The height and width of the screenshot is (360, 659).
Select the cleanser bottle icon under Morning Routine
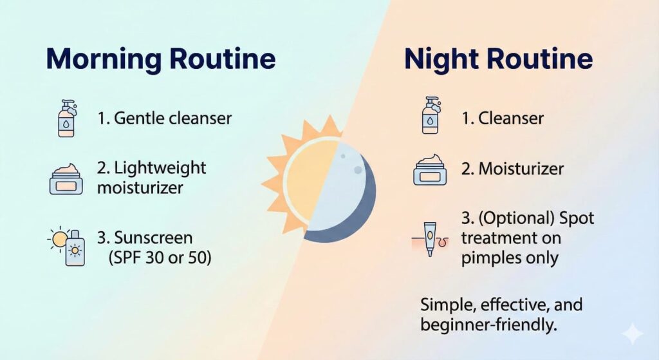point(67,118)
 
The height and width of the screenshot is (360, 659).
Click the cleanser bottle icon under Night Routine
point(431,116)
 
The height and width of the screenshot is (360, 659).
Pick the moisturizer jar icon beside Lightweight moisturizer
point(66,179)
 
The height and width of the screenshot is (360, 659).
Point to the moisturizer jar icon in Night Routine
point(430,170)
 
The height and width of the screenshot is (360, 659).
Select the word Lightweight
point(160,168)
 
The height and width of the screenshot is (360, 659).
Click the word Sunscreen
point(153,238)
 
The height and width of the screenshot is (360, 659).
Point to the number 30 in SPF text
point(155,258)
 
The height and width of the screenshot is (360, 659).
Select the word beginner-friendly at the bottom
point(488,325)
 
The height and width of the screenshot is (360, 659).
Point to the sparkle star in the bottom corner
point(632,334)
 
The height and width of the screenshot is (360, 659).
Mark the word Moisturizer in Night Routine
point(521,169)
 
